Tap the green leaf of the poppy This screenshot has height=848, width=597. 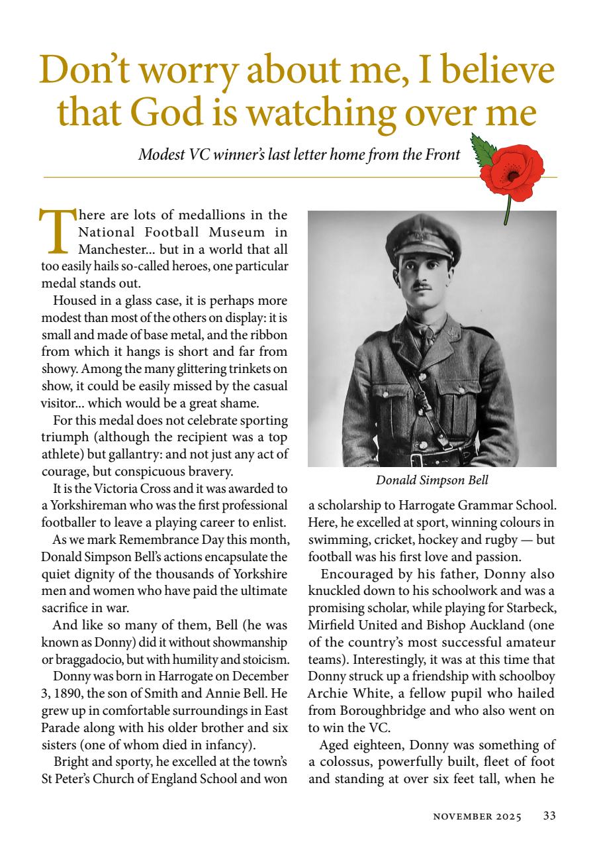point(483,149)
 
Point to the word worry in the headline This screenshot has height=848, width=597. point(178,72)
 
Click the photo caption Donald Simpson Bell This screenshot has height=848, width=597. point(432,480)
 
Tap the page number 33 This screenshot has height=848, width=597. point(549,816)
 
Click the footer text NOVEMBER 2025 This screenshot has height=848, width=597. point(477,817)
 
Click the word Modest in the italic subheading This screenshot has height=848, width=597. point(159,155)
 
